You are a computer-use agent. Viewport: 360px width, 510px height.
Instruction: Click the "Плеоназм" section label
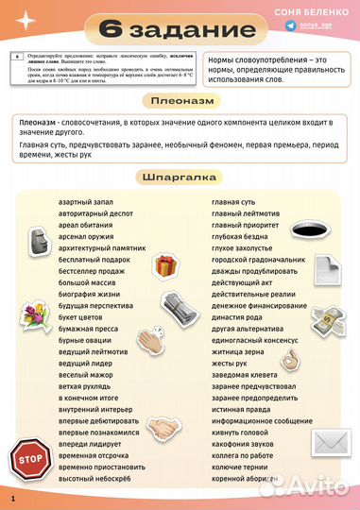[x=180, y=101]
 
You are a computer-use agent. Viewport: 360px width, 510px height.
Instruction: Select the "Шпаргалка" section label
[x=180, y=177]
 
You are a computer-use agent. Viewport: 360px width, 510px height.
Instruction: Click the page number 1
[x=13, y=497]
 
